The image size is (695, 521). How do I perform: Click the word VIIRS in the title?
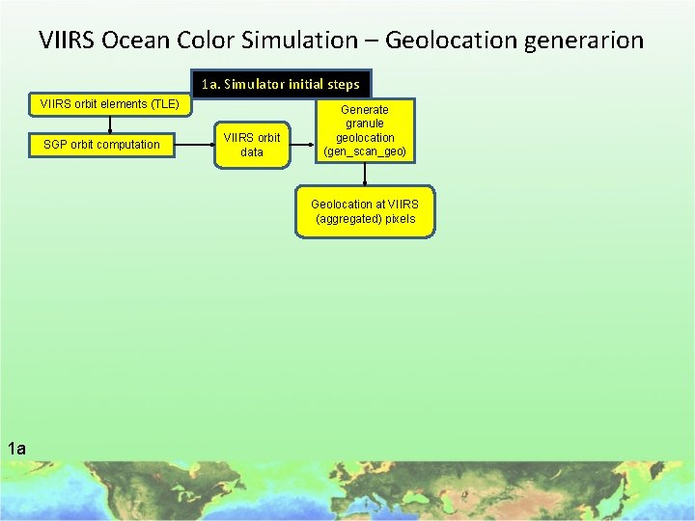[x=68, y=41]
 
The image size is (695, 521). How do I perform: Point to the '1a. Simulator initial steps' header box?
[x=281, y=84]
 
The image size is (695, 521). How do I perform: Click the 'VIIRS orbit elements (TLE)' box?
[x=108, y=104]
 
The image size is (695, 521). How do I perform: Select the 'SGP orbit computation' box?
[x=102, y=145]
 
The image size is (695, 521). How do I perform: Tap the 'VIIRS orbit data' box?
[x=252, y=145]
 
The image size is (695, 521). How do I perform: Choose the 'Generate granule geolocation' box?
[x=365, y=130]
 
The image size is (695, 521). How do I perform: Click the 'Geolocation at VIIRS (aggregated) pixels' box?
[x=364, y=211]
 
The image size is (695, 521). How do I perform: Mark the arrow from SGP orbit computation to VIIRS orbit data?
[x=194, y=145]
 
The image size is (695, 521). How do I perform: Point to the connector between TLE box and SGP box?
[x=109, y=123]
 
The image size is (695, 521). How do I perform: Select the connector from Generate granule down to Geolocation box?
[x=365, y=173]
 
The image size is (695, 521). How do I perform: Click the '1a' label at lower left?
[x=16, y=447]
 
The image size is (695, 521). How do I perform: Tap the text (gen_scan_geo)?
[x=365, y=152]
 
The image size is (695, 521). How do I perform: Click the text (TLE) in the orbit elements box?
[x=165, y=104]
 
